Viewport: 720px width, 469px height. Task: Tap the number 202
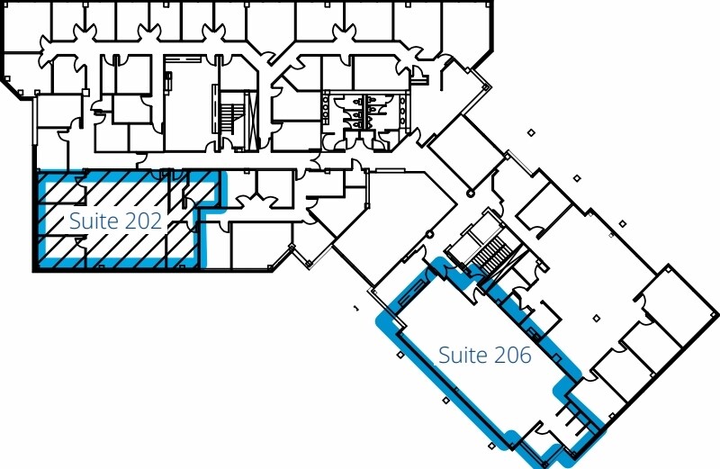(x=143, y=221)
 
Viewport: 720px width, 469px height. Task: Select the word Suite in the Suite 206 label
(x=463, y=355)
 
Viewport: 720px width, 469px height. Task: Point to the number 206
(x=512, y=355)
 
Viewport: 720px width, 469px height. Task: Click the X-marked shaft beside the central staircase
(x=251, y=121)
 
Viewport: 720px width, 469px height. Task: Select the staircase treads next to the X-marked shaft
(x=232, y=119)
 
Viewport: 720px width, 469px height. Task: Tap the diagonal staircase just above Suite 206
(x=493, y=255)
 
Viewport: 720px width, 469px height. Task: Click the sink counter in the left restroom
(x=326, y=109)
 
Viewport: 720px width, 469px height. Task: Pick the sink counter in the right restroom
(x=402, y=110)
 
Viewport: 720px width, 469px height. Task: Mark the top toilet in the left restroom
(x=357, y=100)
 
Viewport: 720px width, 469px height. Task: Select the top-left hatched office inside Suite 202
(x=61, y=188)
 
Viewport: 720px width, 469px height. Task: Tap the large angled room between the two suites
(x=394, y=225)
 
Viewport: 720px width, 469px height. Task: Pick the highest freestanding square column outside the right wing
(x=531, y=132)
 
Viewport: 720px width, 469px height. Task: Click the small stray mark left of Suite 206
(x=355, y=308)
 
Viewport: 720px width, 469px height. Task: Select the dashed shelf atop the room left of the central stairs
(x=183, y=59)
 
